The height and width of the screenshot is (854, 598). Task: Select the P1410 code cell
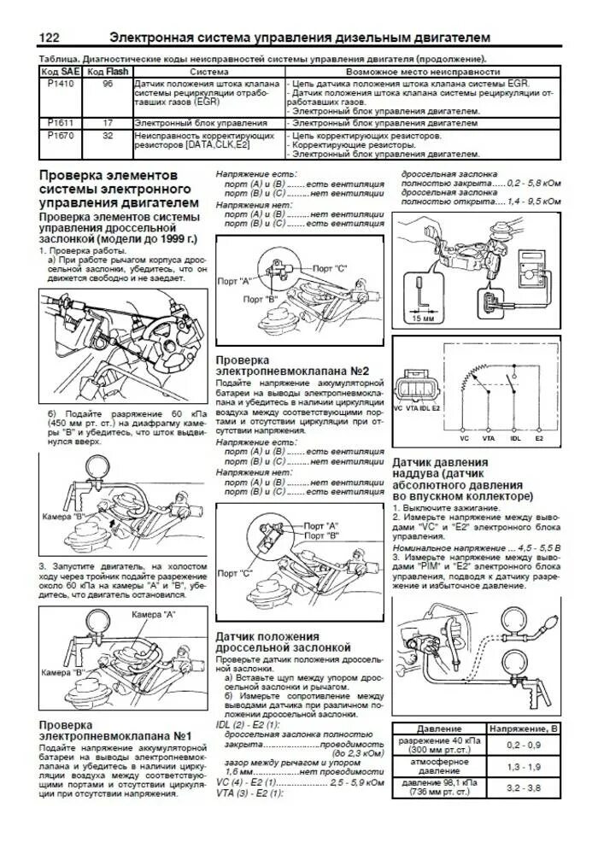pos(61,85)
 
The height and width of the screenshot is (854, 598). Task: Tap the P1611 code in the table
pos(61,123)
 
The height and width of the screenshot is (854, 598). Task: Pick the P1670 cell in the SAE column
pos(61,135)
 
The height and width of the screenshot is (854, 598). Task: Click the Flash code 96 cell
pos(108,85)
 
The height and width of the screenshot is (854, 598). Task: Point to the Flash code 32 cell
pos(108,135)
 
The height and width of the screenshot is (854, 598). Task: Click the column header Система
pos(208,73)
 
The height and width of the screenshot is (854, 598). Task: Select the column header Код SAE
pos(61,73)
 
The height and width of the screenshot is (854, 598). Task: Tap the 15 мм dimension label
pos(423,319)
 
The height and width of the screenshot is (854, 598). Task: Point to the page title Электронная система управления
pos(300,38)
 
